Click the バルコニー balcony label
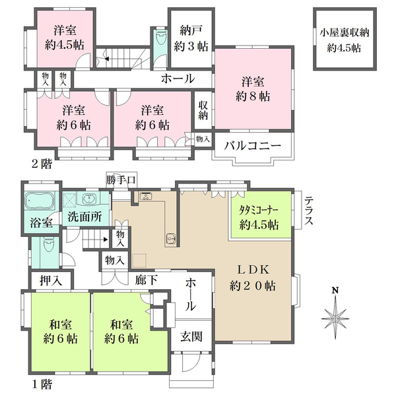[251, 145]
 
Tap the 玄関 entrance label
[191, 336]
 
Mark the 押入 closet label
[50, 280]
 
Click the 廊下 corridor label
[147, 279]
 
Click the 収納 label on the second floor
[201, 110]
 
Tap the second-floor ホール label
[178, 79]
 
